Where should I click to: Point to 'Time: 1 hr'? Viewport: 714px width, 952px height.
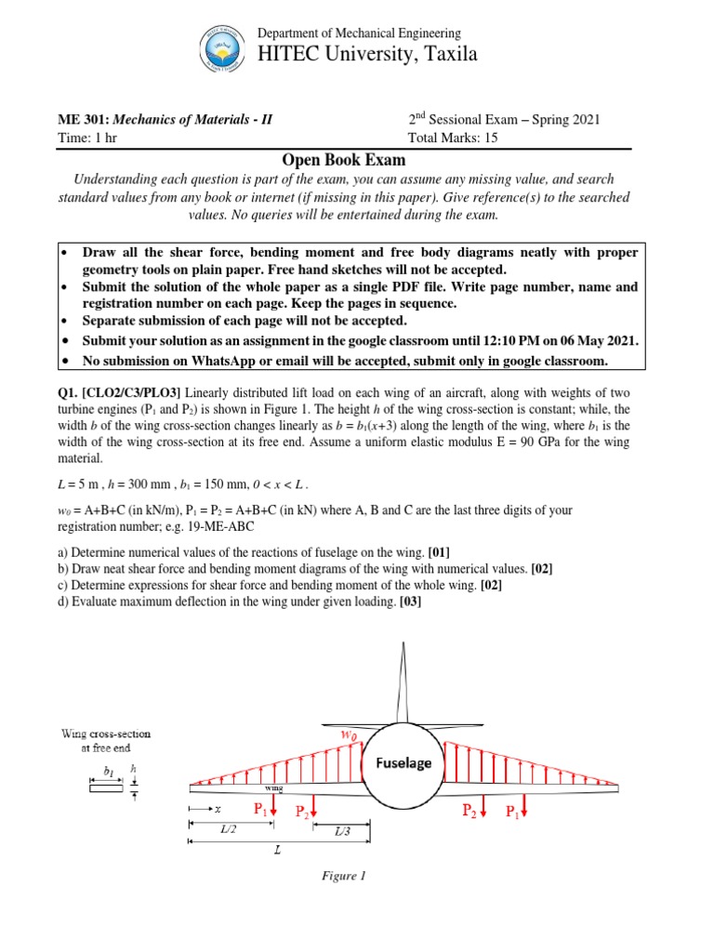87,138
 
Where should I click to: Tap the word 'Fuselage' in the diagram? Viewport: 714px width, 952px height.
403,762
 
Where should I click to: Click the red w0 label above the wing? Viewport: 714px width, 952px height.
347,735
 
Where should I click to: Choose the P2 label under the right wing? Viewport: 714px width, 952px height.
474,812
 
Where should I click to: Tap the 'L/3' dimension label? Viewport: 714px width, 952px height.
342,832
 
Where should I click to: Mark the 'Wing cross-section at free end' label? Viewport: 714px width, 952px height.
106,741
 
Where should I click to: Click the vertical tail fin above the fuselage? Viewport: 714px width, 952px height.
402,679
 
